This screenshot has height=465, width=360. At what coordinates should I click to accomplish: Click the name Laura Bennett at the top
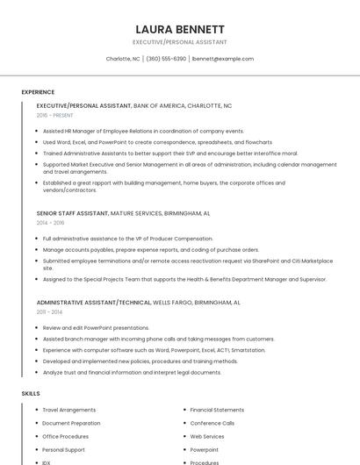[x=180, y=29]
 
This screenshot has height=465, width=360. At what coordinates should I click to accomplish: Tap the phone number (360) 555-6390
[x=166, y=59]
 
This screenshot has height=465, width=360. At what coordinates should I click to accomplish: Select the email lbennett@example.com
[x=223, y=59]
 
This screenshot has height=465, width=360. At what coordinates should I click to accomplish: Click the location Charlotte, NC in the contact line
[x=123, y=59]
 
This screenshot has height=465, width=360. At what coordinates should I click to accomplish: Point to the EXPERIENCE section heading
[x=38, y=92]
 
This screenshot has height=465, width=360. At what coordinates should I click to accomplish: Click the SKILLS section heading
[x=31, y=394]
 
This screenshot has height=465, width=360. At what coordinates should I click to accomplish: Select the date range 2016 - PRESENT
[x=56, y=115]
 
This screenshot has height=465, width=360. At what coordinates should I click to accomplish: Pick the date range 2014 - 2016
[x=50, y=223]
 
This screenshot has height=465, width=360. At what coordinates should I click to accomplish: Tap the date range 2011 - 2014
[x=49, y=311]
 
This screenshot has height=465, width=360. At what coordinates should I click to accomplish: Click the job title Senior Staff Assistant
[x=73, y=213]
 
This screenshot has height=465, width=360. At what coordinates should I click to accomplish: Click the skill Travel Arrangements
[x=69, y=410]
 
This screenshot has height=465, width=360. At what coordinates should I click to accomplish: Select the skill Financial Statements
[x=217, y=410]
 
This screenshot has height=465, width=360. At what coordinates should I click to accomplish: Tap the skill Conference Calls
[x=212, y=423]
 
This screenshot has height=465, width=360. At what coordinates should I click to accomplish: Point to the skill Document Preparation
[x=71, y=423]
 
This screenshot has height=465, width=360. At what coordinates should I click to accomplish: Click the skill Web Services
[x=207, y=436]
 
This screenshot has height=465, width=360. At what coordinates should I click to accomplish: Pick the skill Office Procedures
[x=66, y=436]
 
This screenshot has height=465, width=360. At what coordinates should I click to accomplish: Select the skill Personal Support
[x=64, y=449]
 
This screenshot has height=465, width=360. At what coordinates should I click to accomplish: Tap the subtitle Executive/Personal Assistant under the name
[x=180, y=42]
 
